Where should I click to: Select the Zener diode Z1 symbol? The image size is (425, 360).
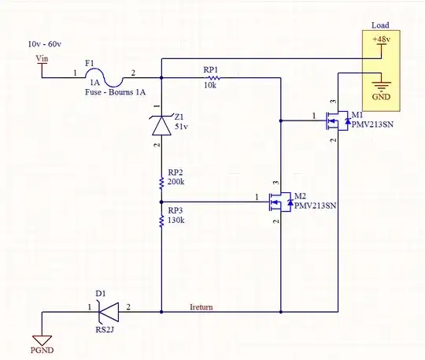[161, 124]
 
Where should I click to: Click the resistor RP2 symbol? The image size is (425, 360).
[161, 181]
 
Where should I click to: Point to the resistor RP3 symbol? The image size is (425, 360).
[161, 220]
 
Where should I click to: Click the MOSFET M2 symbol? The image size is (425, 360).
[280, 202]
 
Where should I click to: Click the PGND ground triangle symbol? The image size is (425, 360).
[41, 336]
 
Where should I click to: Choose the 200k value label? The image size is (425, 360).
[177, 182]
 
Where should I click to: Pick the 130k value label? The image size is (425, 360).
[177, 221]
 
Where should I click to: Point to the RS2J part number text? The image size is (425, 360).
[106, 330]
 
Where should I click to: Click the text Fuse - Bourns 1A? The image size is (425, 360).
[116, 92]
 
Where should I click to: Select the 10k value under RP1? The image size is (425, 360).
[209, 85]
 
